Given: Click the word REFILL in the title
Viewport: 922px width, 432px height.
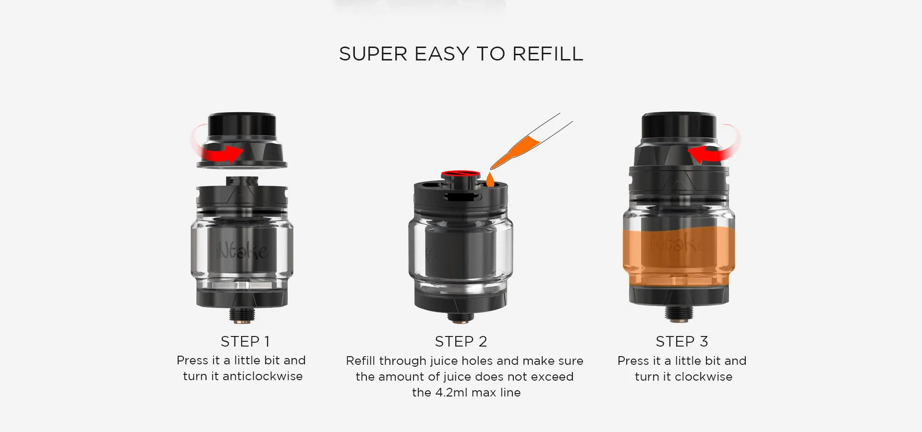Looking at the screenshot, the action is [x=548, y=54].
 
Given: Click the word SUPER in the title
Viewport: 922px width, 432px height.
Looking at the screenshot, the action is [x=373, y=54].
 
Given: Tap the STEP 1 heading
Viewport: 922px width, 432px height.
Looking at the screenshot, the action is [x=245, y=341].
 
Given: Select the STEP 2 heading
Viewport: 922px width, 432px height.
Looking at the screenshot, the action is [x=461, y=341].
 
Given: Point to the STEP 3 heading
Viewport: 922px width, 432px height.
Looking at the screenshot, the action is [x=682, y=341].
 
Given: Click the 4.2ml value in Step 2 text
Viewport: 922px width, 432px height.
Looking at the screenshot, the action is [x=451, y=393].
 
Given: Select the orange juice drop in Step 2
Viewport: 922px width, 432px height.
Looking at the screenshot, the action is [x=490, y=180].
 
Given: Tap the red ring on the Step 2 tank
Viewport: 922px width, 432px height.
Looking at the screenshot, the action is [x=461, y=173].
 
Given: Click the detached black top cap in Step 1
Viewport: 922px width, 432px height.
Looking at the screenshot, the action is [x=242, y=141].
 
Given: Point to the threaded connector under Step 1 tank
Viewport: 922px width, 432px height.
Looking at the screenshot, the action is [x=242, y=315].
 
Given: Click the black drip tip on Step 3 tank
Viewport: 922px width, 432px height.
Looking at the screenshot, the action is [x=679, y=127].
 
